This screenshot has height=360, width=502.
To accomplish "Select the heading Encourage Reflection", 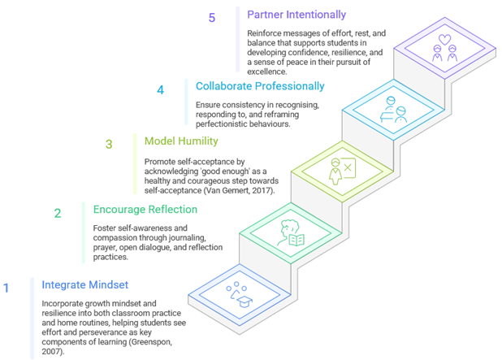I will [x=145, y=210].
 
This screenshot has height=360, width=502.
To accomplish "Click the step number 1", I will [x=6, y=287].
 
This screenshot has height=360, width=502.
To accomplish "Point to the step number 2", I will [x=58, y=214].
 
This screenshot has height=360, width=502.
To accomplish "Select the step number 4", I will [x=161, y=89].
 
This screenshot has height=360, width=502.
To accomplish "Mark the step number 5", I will [x=212, y=18].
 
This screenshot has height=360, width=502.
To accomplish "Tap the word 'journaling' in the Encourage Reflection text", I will [x=220, y=239].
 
